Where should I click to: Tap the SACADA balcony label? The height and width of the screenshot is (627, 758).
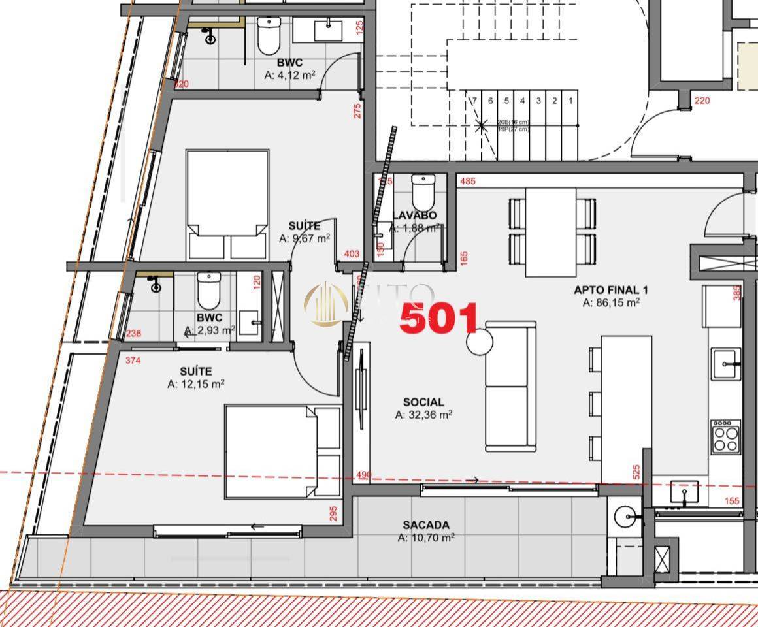click(426, 525)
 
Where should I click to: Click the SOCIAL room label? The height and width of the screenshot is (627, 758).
click(423, 402)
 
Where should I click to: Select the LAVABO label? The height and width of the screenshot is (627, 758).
click(414, 216)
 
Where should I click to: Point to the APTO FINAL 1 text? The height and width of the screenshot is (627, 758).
click(611, 290)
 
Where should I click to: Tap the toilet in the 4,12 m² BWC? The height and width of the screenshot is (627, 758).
click(269, 35)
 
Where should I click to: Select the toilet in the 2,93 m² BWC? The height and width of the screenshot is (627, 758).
click(209, 290)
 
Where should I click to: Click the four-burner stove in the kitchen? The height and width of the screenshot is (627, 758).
click(725, 436)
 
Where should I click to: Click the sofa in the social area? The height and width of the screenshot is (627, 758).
click(510, 386)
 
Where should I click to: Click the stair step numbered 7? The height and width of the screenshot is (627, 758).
click(474, 101)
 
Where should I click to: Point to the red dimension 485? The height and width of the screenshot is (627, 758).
click(467, 181)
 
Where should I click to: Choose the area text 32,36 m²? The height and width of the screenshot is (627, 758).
click(423, 415)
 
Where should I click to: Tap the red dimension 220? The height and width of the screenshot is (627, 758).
click(702, 101)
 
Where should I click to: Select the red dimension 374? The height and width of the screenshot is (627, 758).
click(133, 360)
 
